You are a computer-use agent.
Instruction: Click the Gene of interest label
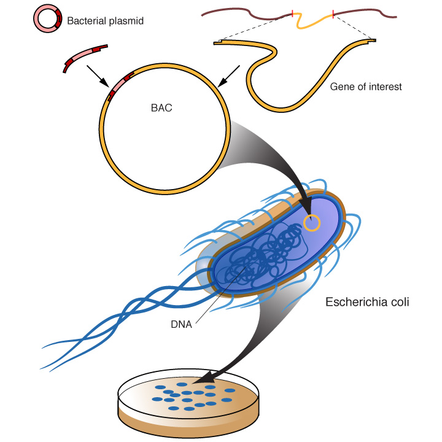[x=365, y=87]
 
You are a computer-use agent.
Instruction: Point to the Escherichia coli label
[x=367, y=302]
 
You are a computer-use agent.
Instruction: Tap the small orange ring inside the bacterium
[x=312, y=223]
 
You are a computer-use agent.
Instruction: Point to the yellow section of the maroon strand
[x=313, y=20]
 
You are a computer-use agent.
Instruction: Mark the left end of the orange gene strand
[x=217, y=42]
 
